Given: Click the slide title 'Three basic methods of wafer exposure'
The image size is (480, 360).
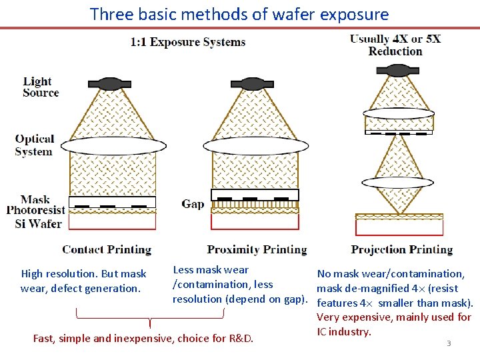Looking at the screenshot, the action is point(239,14).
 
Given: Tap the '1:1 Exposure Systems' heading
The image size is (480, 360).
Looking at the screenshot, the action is point(187,42).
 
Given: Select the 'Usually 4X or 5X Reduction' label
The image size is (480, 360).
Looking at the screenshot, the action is point(395,45).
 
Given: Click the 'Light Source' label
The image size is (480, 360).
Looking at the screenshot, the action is point(40,87).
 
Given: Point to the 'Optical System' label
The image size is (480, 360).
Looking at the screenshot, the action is point(34,145).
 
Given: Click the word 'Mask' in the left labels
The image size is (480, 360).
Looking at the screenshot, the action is point(35,199).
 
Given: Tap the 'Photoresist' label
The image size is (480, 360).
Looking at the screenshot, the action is point(35,211).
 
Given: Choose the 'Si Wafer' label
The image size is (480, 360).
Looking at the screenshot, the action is point(38,223).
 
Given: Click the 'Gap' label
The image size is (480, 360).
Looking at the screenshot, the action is point(193,203).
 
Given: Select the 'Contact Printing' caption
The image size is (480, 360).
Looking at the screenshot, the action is point(107,250).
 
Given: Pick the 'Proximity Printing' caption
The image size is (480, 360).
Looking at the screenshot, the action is point(257,250).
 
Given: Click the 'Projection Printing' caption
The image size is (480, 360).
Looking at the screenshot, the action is point(401,250).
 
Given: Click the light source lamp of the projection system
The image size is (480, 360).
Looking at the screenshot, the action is point(398,70).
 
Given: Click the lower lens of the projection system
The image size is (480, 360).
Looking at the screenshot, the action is point(398,183).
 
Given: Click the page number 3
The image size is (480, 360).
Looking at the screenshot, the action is point(449,343).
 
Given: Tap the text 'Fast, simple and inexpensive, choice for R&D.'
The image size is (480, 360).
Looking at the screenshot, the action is point(143,338).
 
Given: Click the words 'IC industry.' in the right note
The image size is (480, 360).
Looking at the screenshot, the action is point(343,331).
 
